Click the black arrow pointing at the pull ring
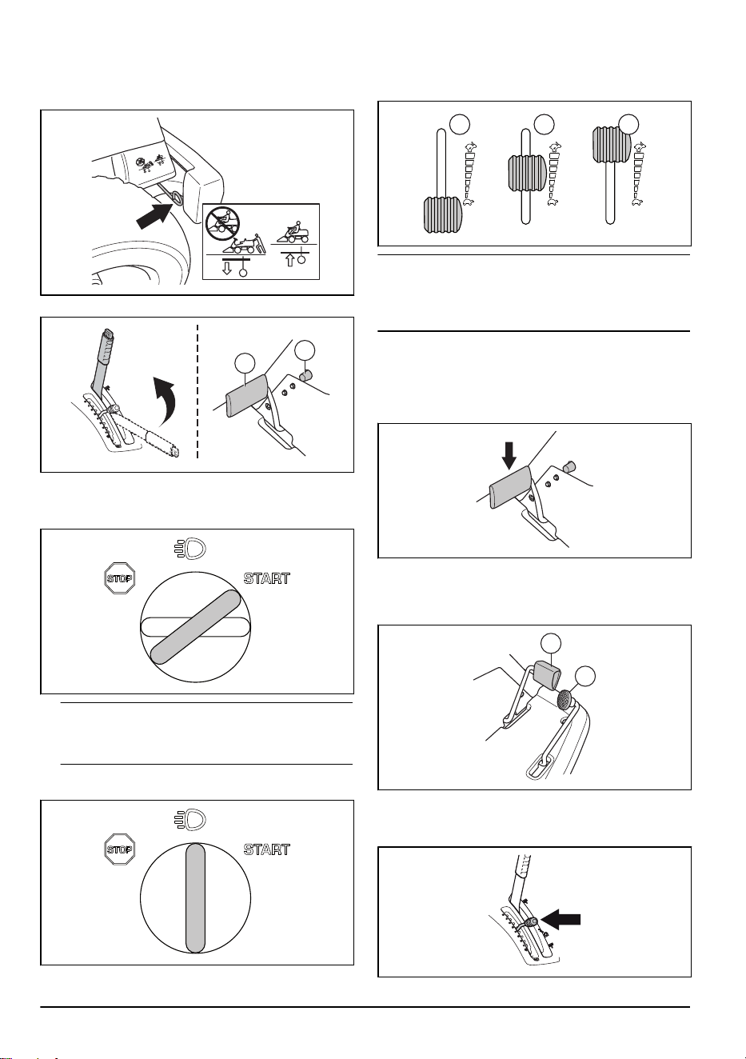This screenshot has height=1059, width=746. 154,216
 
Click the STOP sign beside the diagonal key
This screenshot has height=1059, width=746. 120,577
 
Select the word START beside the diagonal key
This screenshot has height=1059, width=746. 266,578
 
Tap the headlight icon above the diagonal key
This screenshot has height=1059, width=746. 189,548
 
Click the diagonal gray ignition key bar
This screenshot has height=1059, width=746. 195,627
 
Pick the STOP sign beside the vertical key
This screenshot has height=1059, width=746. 120,849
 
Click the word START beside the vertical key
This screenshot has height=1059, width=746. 266,849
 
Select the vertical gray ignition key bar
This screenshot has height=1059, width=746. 196,898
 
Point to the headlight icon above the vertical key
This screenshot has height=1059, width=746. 189,819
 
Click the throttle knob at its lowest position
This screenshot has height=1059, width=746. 443,215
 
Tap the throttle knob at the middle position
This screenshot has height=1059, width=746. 527,174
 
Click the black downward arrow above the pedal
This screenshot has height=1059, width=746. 509,456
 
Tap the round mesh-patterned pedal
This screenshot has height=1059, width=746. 565,699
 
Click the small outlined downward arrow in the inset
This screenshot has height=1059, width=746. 227,269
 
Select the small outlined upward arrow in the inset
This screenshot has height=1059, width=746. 291,260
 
